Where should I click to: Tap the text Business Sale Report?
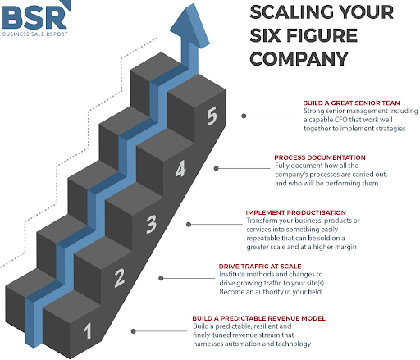click(x=35, y=34)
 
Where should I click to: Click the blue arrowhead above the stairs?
click(x=189, y=26)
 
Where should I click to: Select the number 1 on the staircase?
click(x=87, y=331)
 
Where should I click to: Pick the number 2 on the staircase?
click(x=120, y=278)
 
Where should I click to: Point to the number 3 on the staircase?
click(x=151, y=224)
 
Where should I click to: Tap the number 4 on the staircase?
click(x=180, y=169)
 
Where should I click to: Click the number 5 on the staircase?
click(x=212, y=116)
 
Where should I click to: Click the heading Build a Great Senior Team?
click(x=352, y=103)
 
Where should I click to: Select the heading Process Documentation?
click(x=320, y=157)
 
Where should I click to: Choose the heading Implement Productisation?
click(x=296, y=212)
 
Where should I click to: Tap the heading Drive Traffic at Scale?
click(x=260, y=267)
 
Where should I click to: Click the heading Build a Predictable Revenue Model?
click(x=259, y=318)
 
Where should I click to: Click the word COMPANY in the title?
click(x=299, y=59)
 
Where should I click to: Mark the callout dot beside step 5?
click(x=244, y=116)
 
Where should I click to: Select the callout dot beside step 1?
click(x=134, y=331)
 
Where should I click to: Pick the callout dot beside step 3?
click(x=189, y=225)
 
